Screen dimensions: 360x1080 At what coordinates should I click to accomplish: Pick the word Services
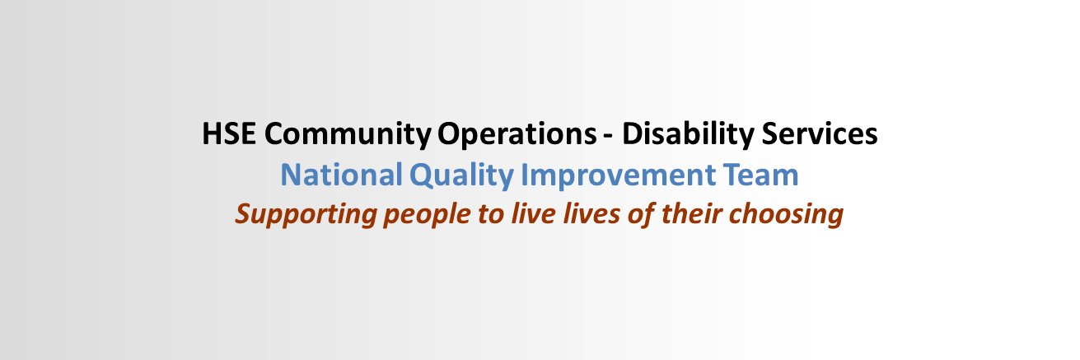click(826, 134)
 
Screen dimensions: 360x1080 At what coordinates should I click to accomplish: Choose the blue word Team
click(762, 175)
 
